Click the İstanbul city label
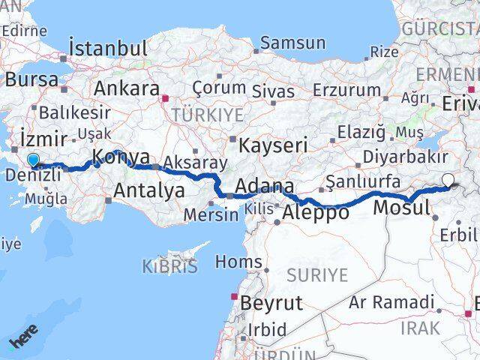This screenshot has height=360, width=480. click(108, 49)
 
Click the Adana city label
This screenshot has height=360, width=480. click(263, 186)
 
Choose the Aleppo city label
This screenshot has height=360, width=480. click(316, 212)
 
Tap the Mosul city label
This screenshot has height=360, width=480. click(401, 208)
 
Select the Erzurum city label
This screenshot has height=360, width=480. click(347, 90)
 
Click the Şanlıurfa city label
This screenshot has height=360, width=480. click(363, 181)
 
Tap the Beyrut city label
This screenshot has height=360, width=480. click(271, 303)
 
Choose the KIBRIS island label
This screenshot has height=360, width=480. click(169, 265)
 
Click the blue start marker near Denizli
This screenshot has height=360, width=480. click(33, 160)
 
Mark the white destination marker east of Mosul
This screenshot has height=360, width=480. click(448, 180)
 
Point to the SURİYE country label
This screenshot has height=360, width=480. click(317, 274)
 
